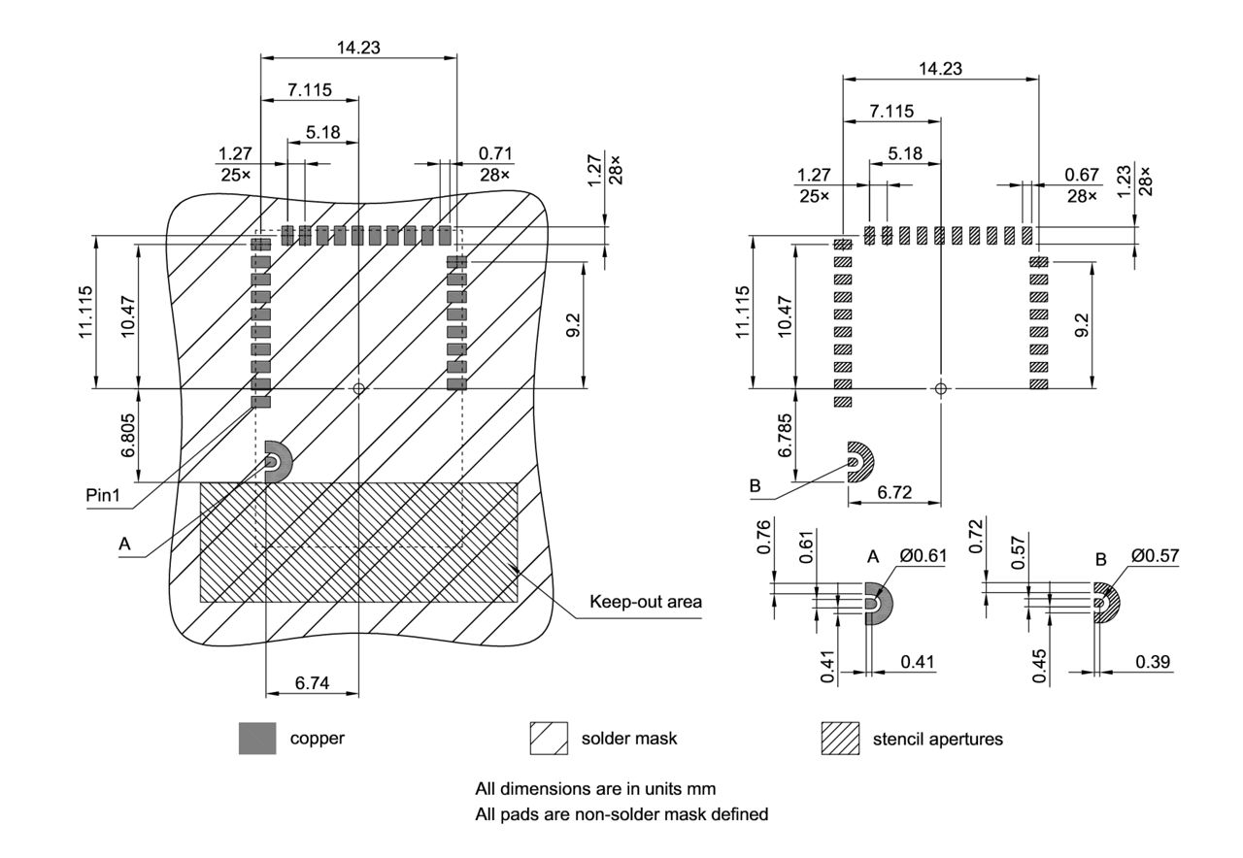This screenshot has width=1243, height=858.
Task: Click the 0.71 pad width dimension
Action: pos(495,153)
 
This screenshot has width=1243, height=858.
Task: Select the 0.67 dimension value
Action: pos(1081,175)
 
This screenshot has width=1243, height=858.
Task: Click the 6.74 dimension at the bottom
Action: pos(312,684)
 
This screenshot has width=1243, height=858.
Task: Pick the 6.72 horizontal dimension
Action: pos(893,493)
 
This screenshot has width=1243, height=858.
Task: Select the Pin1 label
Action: pos(103,495)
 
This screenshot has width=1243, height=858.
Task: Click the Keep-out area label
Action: pos(646,602)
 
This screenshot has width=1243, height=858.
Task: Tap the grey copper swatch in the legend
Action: pos(257,739)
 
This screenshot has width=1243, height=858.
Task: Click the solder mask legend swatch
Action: pos(549,739)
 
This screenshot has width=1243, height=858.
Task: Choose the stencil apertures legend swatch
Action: pos(840,739)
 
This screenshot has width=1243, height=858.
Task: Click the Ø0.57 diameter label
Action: pos(1154,556)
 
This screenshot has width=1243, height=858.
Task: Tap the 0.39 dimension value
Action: pos(1152,661)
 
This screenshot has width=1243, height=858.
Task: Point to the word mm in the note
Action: pos(703,788)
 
